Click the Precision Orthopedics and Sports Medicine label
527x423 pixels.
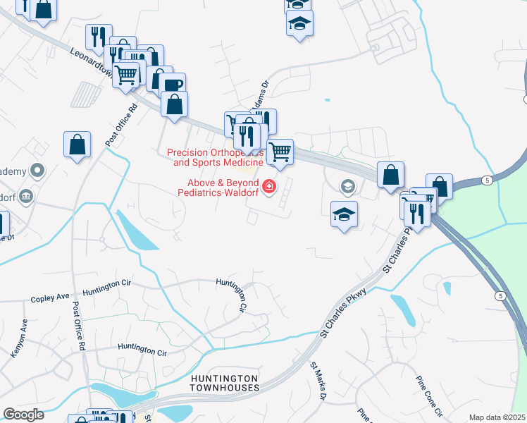pyautogui.click(x=215, y=157)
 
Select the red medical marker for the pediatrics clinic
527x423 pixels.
pyautogui.click(x=268, y=187)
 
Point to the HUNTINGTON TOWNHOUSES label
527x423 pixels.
pyautogui.click(x=225, y=383)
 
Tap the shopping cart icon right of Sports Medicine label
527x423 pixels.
pyautogui.click(x=280, y=151)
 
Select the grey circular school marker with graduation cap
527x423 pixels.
pyautogui.click(x=347, y=186)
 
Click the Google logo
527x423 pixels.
pyautogui.click(x=23, y=415)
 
